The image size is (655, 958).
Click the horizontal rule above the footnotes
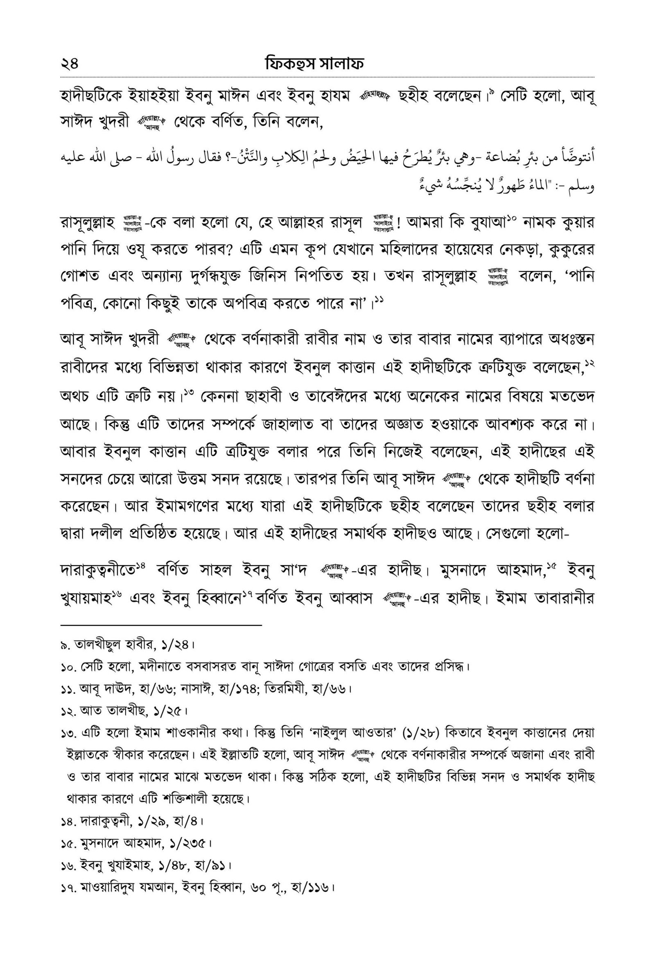pyautogui.click(x=160, y=625)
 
